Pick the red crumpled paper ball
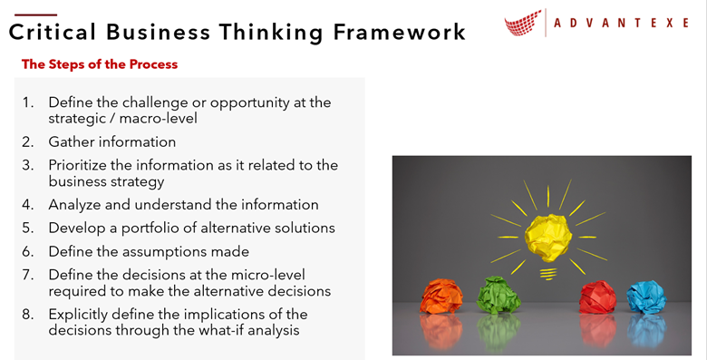coord(599,297)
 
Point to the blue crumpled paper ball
coord(646,297)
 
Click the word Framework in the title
coord(396,33)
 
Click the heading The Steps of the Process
coord(100,64)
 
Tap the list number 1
coord(28,102)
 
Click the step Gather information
coord(112,141)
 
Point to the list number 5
coord(28,228)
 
